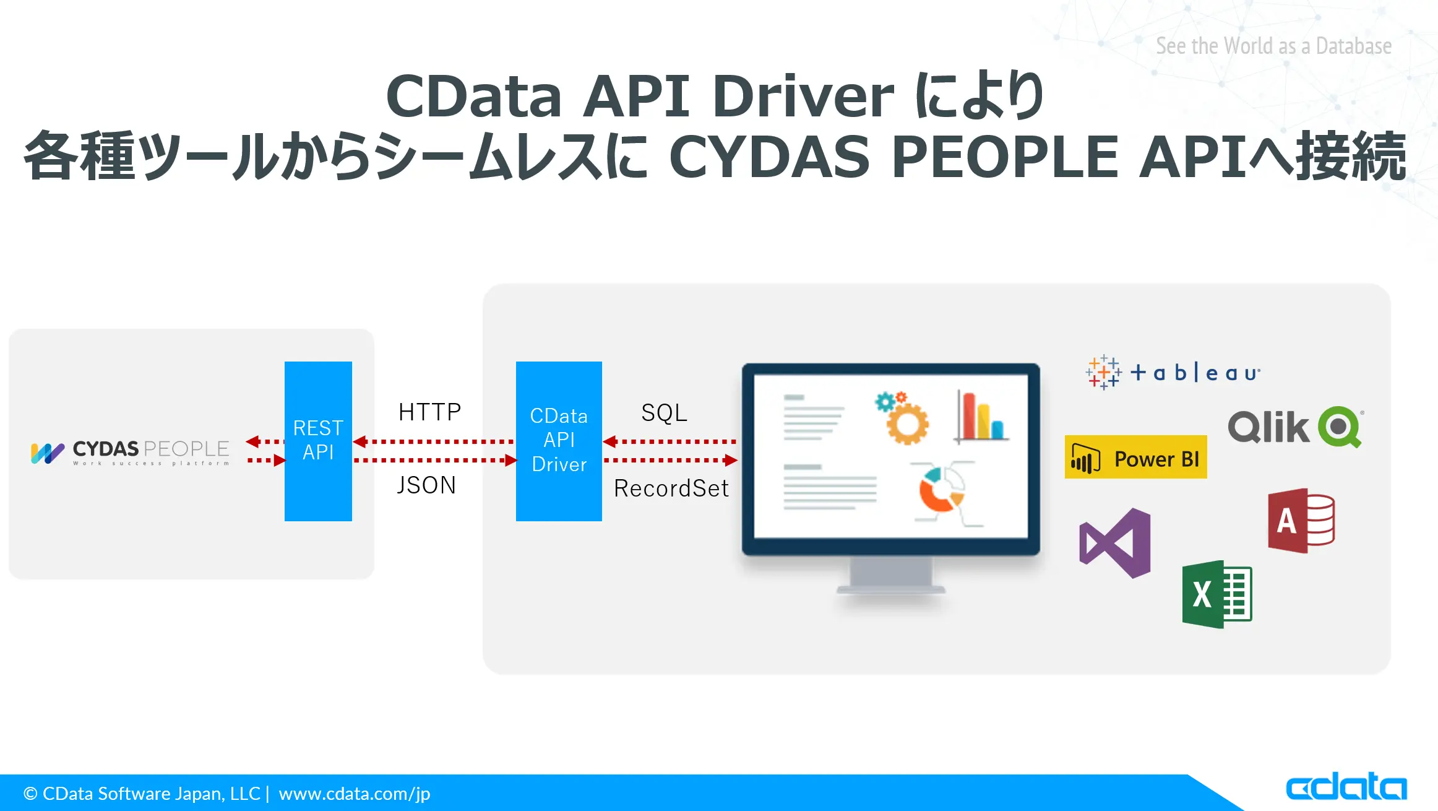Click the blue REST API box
point(318,441)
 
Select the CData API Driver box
point(559,441)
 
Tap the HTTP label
point(430,412)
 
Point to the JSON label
point(426,485)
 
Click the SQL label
point(664,413)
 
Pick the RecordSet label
point(671,488)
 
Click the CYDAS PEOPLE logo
point(130,453)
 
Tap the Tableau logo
point(1173,372)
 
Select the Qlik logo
point(1296,427)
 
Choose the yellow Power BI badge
point(1135,457)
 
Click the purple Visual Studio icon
point(1115,544)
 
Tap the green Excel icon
point(1217,594)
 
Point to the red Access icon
point(1301,521)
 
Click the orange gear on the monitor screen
point(907,423)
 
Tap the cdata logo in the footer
point(1346,786)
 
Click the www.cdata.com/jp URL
point(355,794)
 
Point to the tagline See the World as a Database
point(1274,46)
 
